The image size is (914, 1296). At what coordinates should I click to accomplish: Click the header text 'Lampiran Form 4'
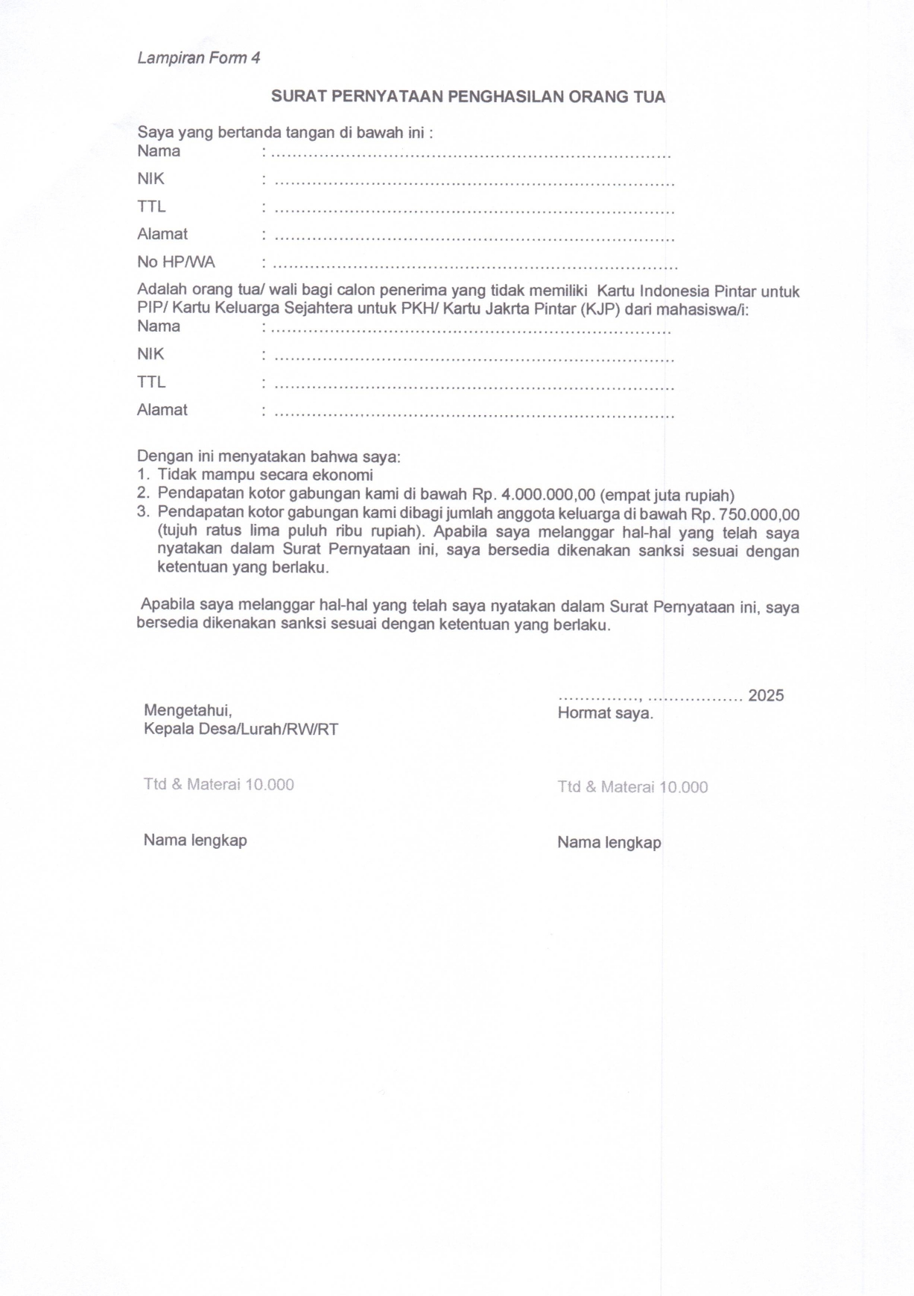point(198,58)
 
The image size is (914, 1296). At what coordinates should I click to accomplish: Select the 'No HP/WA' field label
point(176,262)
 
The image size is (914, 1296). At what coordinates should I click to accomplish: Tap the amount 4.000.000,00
point(548,495)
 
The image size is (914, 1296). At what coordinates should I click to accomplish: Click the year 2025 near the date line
point(766,695)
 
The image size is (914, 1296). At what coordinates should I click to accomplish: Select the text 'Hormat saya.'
point(605,713)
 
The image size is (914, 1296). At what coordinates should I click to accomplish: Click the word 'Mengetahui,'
point(188,710)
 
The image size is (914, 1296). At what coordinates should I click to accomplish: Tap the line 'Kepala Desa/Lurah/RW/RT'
point(241,729)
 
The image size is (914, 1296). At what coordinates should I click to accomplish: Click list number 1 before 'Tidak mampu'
point(143,475)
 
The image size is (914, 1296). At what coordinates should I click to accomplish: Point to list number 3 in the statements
point(143,512)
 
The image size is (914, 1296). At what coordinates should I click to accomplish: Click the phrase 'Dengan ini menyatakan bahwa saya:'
point(268,456)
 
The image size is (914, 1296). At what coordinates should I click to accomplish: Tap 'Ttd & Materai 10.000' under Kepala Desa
point(218,784)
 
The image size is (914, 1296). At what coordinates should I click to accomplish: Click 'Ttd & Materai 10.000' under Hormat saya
point(632,787)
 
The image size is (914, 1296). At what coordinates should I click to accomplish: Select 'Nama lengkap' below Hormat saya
point(609,842)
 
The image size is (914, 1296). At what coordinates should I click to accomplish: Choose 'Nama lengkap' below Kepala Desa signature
point(195,840)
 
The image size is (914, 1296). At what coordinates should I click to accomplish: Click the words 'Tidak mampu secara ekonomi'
point(265,475)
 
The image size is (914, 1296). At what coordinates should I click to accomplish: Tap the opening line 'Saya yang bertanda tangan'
point(285,133)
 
